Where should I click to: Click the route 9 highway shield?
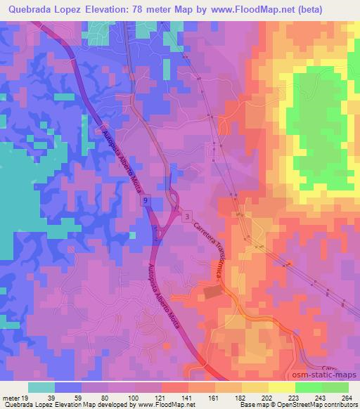146,202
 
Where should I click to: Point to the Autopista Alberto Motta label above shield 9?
119,157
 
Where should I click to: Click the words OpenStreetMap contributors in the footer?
319,405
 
